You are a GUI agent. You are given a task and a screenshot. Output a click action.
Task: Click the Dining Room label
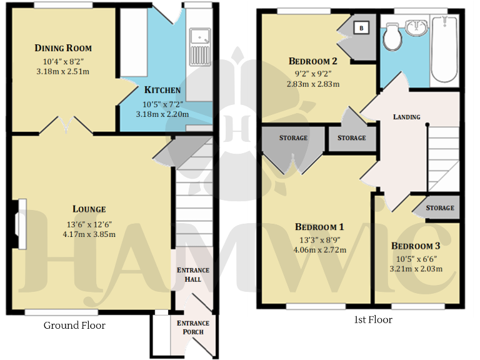[x=63, y=48]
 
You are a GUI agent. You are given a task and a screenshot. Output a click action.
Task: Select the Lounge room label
[x=89, y=209]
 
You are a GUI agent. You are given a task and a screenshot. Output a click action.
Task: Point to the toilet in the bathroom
[x=393, y=37]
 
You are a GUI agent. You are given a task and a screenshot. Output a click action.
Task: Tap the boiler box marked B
[x=361, y=28]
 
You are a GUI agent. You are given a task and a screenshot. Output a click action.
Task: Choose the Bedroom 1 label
[x=319, y=227]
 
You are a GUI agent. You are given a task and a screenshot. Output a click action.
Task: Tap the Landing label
[x=406, y=117]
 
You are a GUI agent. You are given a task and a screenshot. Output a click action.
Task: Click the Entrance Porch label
[x=194, y=327]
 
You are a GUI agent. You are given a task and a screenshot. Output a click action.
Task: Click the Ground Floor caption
[x=74, y=325]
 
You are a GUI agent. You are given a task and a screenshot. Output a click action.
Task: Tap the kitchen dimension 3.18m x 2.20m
[x=162, y=114]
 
